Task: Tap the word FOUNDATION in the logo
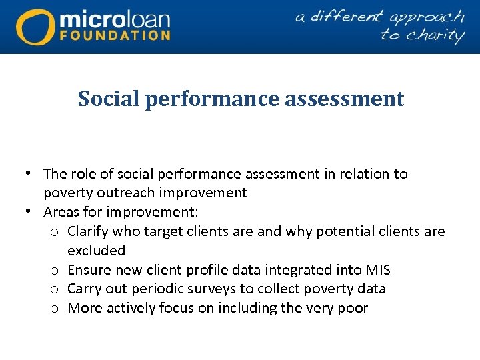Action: click(x=115, y=35)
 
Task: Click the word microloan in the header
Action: click(x=115, y=18)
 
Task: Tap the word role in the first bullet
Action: click(x=82, y=174)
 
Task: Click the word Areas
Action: click(x=61, y=213)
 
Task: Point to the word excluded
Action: click(x=96, y=251)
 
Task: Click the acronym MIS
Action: click(x=377, y=270)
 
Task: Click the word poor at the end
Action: click(x=352, y=308)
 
